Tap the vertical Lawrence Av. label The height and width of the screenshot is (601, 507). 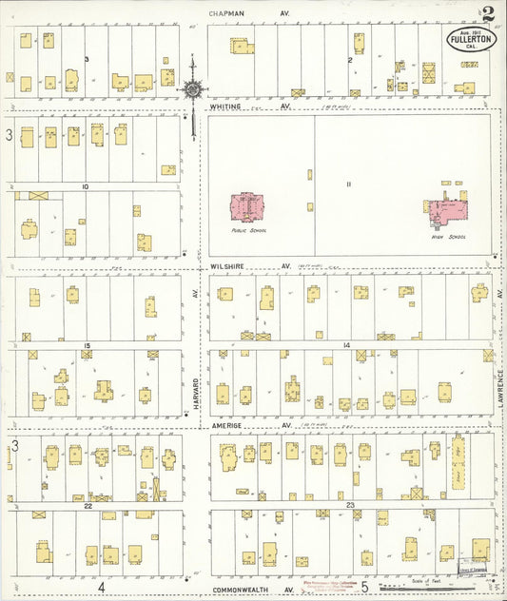click(x=499, y=380)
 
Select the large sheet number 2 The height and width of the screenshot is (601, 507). click(x=487, y=14)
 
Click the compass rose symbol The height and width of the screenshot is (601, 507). click(x=193, y=89)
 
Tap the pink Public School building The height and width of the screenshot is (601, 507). click(x=247, y=206)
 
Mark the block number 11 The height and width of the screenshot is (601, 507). click(x=348, y=184)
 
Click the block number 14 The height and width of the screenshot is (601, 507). click(x=347, y=344)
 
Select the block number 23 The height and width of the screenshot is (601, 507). click(x=350, y=504)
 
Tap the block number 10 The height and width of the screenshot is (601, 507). click(x=86, y=187)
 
